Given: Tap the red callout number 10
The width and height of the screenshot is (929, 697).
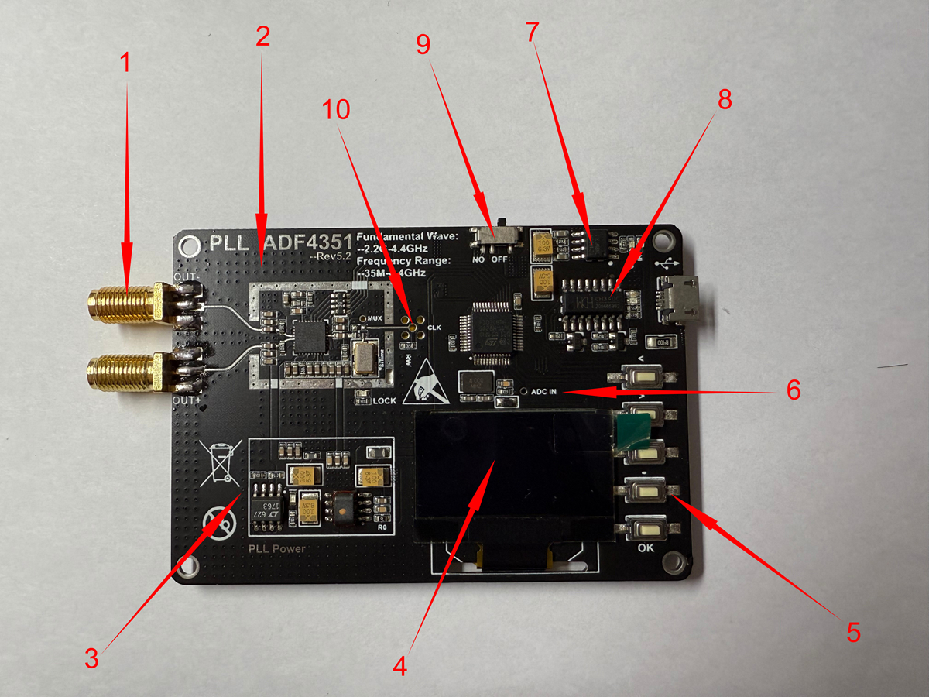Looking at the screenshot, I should click(x=336, y=110).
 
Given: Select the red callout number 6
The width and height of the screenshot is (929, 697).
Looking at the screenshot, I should click(x=793, y=390).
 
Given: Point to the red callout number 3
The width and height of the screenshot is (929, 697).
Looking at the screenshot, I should click(x=92, y=660).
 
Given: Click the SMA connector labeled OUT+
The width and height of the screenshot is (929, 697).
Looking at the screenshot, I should click(x=124, y=370).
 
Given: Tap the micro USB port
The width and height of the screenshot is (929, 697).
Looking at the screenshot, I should click(x=679, y=300).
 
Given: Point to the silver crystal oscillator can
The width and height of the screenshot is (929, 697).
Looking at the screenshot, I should click(x=362, y=357).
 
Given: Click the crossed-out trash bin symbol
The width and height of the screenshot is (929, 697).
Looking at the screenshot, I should click(x=218, y=461).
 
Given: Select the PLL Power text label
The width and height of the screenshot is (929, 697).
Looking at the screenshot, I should click(x=276, y=549).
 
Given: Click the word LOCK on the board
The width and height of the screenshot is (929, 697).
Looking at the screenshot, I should click(x=385, y=401).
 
